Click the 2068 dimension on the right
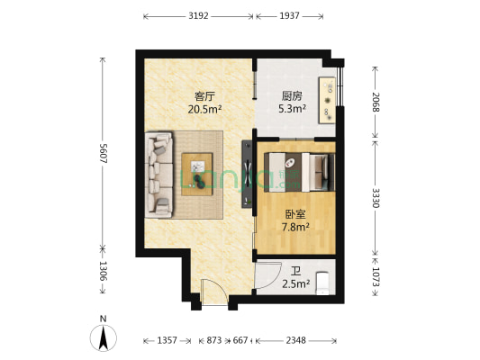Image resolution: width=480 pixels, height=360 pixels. click(x=375, y=102)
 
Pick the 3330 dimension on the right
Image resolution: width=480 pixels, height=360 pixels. click(x=375, y=197)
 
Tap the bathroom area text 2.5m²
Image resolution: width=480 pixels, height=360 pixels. click(x=296, y=284)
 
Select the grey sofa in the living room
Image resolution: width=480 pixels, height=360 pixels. click(x=160, y=175)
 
